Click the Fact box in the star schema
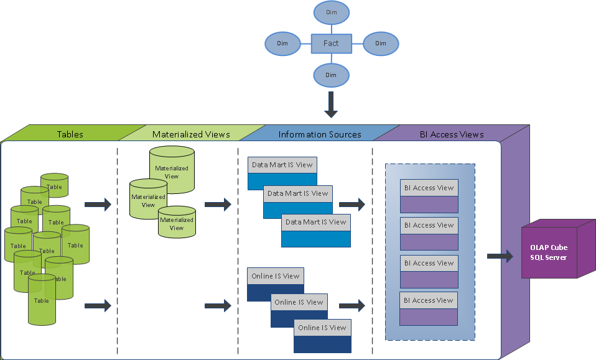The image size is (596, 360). point(332,44)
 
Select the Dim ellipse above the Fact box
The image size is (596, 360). point(332,12)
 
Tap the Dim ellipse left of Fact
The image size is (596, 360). point(282,44)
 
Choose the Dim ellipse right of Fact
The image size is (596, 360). point(381,44)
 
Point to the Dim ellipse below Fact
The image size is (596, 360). point(331,75)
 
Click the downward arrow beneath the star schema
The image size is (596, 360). point(331,104)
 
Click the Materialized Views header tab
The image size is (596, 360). point(192,134)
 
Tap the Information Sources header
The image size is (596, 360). point(319,134)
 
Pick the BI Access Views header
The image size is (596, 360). point(452,134)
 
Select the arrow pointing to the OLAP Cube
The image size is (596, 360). point(500,256)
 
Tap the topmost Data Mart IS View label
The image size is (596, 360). point(282,165)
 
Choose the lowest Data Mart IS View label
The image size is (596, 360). point(316,223)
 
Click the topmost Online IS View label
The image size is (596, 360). point(276,276)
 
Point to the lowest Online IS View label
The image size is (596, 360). point(322,328)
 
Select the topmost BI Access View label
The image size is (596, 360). point(429,188)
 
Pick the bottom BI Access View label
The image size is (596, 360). point(429,300)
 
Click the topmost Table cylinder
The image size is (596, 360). point(54,185)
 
